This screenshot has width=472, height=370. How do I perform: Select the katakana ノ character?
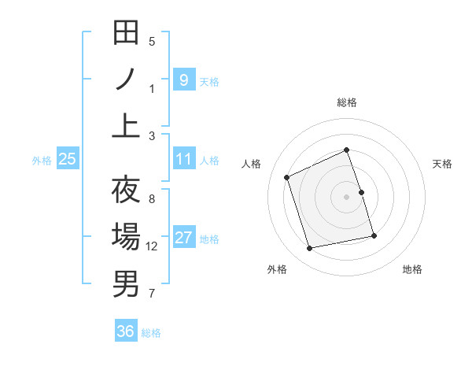tap(126, 80)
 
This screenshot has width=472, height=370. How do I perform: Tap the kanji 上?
tap(126, 126)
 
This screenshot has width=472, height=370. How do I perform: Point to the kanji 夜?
tap(126, 191)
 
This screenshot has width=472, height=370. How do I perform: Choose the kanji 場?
tap(126, 237)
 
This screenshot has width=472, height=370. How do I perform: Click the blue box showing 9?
tap(183, 80)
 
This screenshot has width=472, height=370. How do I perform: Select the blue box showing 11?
tap(183, 159)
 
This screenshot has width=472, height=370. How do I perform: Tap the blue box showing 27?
tap(183, 238)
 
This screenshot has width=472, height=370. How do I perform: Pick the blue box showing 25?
tap(68, 159)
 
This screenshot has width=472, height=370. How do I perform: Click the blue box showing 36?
tap(125, 331)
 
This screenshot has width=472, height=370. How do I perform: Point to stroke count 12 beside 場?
tap(152, 246)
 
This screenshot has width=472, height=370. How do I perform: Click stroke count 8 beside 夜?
tap(152, 198)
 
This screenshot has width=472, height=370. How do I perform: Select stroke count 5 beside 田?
tap(152, 42)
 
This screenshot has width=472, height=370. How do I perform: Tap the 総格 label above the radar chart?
tap(346, 102)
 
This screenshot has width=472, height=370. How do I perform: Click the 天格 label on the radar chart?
tap(442, 164)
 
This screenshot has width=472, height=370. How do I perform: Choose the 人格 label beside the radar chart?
tap(252, 164)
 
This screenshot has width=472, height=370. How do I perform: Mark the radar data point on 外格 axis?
tap(310, 249)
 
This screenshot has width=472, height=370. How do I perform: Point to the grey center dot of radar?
tap(346, 197)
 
